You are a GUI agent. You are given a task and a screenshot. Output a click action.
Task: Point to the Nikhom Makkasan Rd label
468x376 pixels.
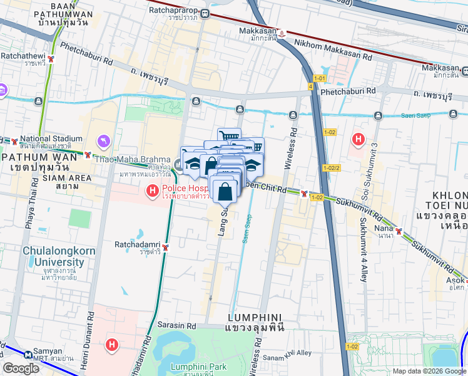coord(333,57)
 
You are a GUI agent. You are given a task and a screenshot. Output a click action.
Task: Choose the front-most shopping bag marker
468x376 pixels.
coord(225,191)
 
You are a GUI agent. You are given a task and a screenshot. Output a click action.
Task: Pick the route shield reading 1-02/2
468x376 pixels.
coord(332,168)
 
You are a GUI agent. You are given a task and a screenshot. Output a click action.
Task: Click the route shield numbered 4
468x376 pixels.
coord(310,86)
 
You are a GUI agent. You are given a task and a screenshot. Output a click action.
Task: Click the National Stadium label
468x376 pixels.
coord(51,138)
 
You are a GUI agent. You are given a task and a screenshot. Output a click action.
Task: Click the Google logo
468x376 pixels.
coord(21,368)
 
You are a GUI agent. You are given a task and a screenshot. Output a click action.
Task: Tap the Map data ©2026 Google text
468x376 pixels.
coord(429,371)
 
